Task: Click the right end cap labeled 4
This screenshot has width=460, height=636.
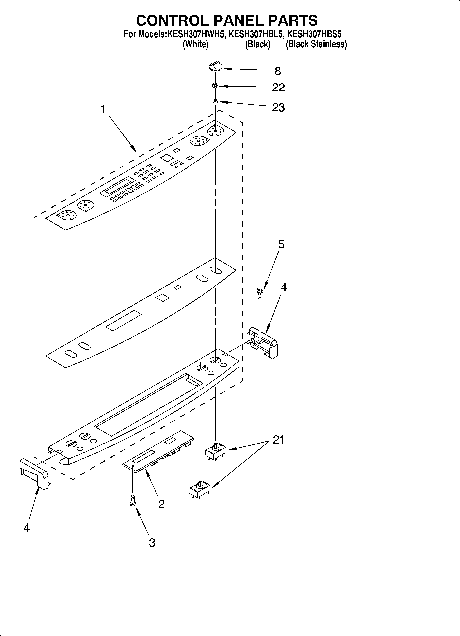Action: click(263, 342)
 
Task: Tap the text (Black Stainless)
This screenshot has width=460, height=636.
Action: click(316, 44)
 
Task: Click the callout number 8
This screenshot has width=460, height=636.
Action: click(278, 71)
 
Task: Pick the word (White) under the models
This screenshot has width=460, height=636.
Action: click(196, 44)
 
